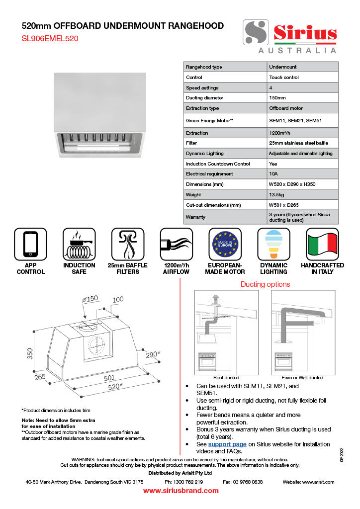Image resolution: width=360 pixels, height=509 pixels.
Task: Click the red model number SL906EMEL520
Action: pos(50,39)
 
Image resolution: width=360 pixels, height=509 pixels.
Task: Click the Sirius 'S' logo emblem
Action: pos(256,32)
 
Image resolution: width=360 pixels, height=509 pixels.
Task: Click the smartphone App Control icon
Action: pos(30,244)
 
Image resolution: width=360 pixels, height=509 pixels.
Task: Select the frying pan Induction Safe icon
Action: pos(79,244)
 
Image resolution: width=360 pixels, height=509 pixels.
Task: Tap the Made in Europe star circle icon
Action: pos(225,244)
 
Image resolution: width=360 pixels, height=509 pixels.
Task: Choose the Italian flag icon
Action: pos(322,244)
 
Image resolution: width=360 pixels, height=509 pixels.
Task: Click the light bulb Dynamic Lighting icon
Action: pos(273,244)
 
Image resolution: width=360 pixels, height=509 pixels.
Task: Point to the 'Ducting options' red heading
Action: pos(265,284)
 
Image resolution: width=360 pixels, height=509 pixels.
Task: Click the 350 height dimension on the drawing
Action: pos(30,353)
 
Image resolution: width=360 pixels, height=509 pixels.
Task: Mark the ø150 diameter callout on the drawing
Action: pos(90,299)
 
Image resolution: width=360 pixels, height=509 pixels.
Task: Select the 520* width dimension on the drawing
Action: pos(115,387)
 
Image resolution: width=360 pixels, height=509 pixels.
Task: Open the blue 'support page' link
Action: pos(227,444)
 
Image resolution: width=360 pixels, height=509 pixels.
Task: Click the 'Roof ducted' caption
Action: pos(226,378)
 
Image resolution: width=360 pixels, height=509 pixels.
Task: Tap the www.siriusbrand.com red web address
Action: pos(181,491)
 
